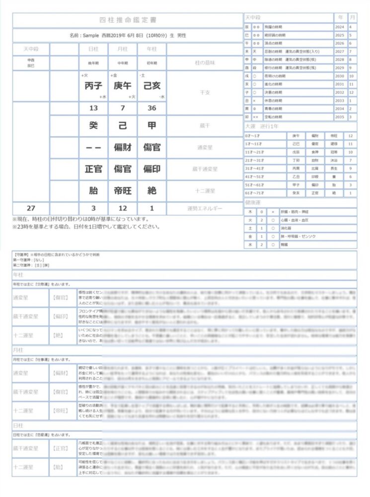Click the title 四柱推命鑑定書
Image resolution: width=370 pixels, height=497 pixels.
[128, 20]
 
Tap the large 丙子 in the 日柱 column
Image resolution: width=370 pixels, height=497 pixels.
[93, 86]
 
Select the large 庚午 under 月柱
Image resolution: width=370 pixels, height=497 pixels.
[123, 86]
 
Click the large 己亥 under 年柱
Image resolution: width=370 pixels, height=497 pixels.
[151, 86]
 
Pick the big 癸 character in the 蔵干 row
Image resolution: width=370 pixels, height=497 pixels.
[93, 126]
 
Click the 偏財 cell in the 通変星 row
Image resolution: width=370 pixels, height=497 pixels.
[123, 148]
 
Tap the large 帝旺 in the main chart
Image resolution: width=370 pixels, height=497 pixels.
[123, 190]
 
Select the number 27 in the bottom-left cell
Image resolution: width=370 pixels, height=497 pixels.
[31, 208]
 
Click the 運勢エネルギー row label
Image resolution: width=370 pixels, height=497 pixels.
[205, 208]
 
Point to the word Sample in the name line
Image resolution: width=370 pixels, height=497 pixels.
[95, 36]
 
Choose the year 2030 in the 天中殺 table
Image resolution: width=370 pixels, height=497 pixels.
[340, 76]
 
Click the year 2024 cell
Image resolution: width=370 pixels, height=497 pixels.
[340, 27]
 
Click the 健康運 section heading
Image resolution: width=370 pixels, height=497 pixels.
[252, 203]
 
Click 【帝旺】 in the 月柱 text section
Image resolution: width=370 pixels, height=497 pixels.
[60, 411]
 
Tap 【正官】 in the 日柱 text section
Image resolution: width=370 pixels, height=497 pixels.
[60, 448]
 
